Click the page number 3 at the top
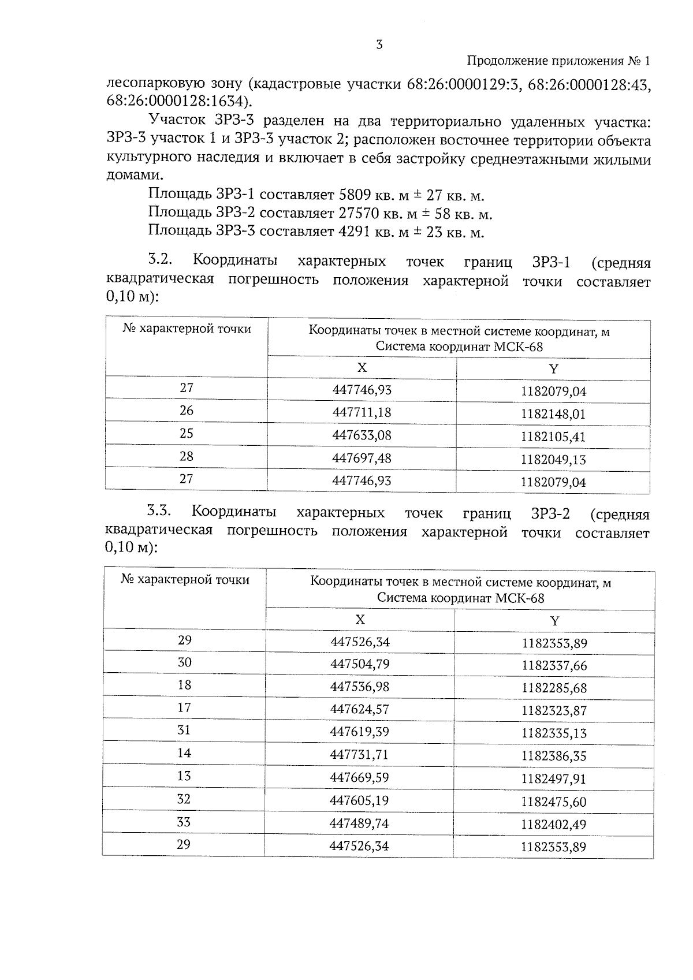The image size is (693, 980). pos(379,45)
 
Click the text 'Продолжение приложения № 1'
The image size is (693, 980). pos(558,61)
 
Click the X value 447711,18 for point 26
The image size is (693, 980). pos(362,412)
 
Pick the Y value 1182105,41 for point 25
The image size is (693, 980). pos(553,437)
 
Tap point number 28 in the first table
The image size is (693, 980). pos(186,456)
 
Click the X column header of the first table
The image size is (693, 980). pos(362,368)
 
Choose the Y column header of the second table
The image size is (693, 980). pos(554,621)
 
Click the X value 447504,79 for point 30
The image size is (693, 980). pos(360,664)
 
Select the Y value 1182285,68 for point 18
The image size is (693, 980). pos(554,688)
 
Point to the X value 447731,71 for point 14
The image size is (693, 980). pos(360,755)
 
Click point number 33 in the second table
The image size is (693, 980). pos(184,822)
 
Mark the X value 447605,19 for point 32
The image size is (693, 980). pos(359,800)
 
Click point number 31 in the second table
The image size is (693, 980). pos(184,730)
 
